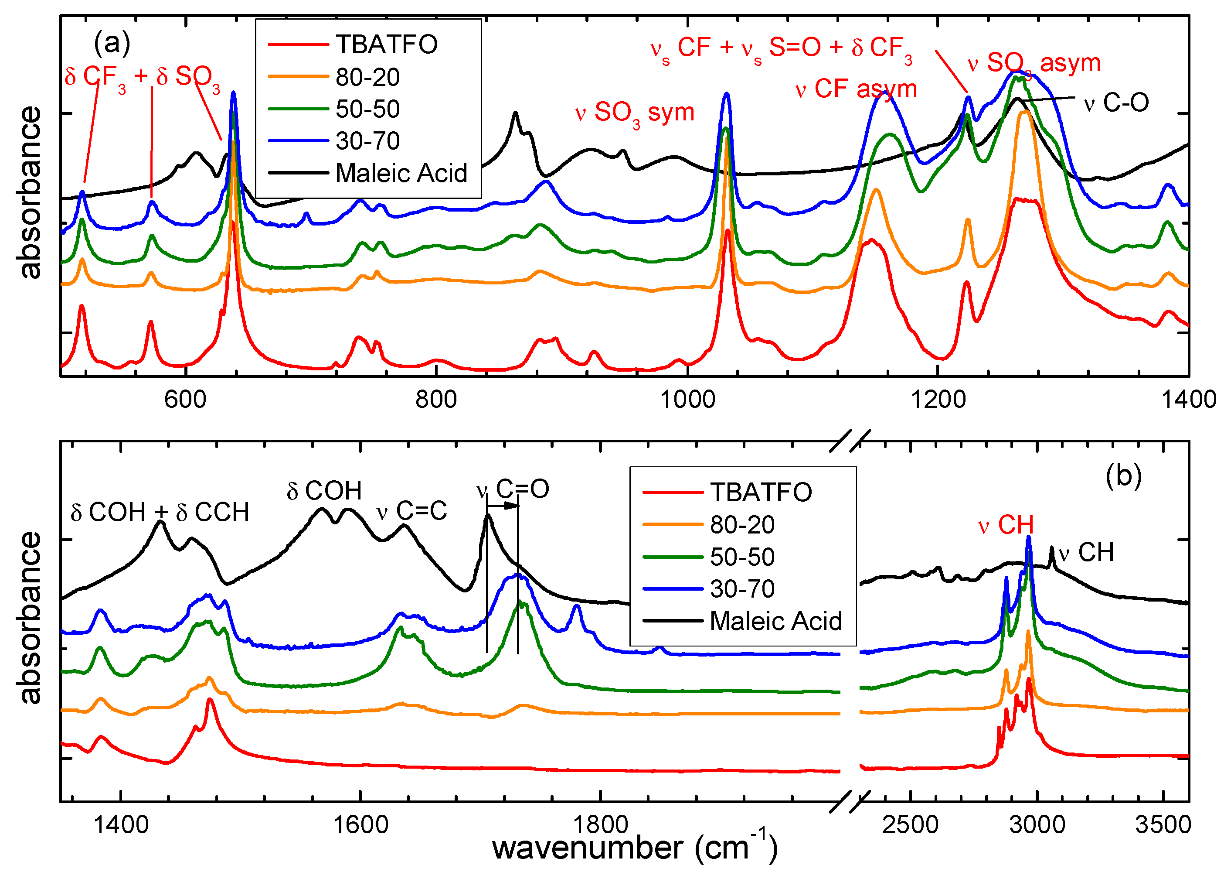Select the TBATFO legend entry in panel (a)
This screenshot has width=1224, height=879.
[386, 44]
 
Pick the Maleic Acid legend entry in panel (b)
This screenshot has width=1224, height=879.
[775, 621]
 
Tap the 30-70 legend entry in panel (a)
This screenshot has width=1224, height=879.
[367, 141]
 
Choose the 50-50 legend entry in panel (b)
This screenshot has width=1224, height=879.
[742, 557]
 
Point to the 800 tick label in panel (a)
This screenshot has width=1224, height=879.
[436, 400]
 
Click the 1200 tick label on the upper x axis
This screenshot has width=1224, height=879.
[938, 400]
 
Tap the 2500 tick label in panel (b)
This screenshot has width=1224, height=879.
[911, 825]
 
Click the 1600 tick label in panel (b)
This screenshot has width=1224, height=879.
[360, 825]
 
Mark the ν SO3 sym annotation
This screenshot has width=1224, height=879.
[635, 113]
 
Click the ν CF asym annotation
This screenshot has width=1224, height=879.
[856, 89]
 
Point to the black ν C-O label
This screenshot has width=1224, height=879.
[1116, 103]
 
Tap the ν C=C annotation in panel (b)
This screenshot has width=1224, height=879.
[412, 511]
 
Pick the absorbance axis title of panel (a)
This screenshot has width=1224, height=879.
[30, 193]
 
